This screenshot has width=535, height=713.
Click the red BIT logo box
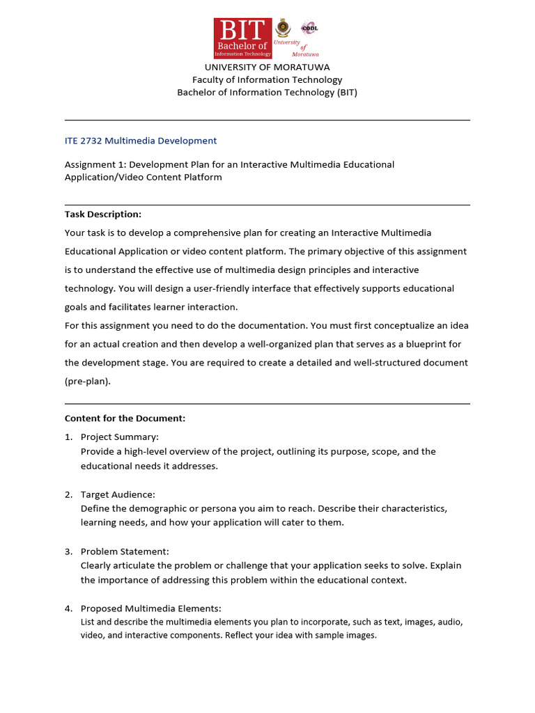242,38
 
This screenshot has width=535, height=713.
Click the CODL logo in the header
309,28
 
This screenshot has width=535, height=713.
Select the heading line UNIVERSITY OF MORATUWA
267,67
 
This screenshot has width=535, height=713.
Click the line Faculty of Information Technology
267,79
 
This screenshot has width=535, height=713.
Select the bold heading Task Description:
103,214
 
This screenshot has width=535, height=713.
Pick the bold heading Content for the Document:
125,418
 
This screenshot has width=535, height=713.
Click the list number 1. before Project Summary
68,437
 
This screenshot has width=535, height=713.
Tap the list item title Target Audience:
118,494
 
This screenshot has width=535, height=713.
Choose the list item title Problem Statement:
125,551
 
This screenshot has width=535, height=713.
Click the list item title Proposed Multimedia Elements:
151,609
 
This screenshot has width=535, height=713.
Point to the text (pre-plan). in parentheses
88,381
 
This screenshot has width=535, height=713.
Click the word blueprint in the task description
415,344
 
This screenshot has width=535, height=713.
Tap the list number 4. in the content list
68,609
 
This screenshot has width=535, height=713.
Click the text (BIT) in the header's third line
347,92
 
